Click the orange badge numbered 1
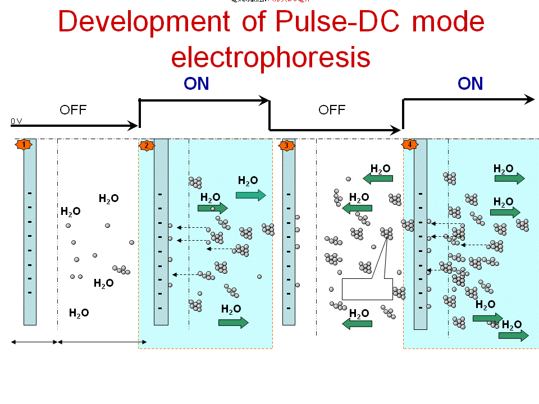tap(23, 145)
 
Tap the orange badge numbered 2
tap(147, 145)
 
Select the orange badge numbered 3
tap(286, 145)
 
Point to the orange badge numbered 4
tap(409, 145)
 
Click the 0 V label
tap(16, 121)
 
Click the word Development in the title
tap(144, 22)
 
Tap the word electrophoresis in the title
tap(271, 57)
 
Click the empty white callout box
tap(367, 289)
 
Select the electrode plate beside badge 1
tap(30, 231)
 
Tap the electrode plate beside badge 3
tap(289, 231)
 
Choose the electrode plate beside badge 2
tap(161, 231)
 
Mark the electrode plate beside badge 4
tap(421, 233)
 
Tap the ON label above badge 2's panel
tap(197, 84)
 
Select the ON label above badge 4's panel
tap(470, 84)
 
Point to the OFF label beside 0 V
tap(73, 110)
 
